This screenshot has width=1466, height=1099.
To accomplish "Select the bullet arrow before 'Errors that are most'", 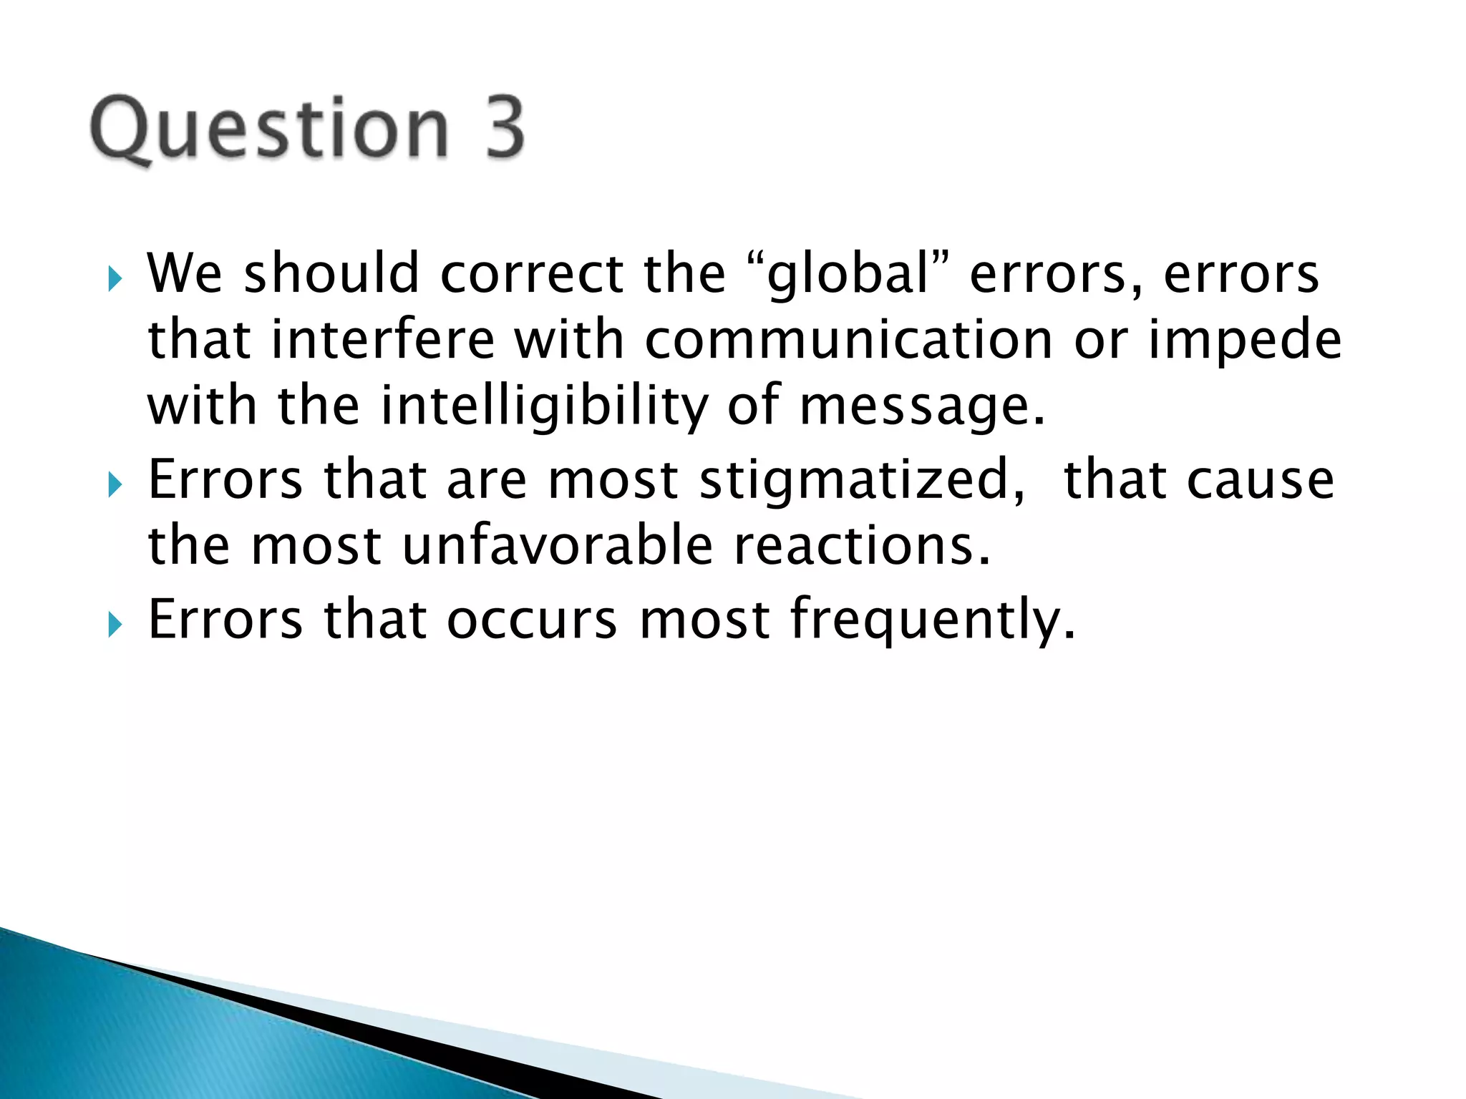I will click(115, 486).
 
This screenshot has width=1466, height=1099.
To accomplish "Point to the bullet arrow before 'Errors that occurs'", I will click(115, 625).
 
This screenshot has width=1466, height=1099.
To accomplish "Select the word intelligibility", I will click(544, 406).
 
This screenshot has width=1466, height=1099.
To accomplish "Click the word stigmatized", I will click(862, 479).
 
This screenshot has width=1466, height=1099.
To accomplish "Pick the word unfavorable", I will click(558, 545).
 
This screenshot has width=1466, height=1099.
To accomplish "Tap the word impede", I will click(1245, 341).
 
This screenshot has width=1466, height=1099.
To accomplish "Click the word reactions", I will click(863, 545).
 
